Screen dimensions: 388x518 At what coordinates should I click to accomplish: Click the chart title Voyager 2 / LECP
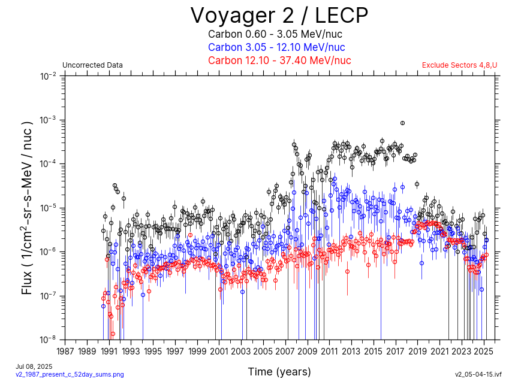tap(279, 14)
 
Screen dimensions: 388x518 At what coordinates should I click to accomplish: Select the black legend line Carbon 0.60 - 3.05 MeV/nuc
tap(276, 34)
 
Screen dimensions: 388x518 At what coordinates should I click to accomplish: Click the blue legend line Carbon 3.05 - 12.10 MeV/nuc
tap(276, 47)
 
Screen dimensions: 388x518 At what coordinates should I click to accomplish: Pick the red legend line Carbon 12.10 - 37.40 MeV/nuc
tap(279, 60)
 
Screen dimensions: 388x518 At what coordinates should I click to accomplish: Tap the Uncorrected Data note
tap(92, 65)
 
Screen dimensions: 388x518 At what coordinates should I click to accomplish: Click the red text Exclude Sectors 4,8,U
tap(459, 65)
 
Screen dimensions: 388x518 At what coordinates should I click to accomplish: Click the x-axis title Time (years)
tap(279, 372)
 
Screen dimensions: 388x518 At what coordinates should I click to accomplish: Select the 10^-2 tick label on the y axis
tap(48, 76)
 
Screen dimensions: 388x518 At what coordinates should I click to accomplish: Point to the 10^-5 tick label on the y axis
tap(48, 208)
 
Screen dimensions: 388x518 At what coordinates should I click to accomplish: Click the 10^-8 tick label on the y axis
tap(48, 339)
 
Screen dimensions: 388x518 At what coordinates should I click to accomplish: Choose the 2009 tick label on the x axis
tap(308, 351)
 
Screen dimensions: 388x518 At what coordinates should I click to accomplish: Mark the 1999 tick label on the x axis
tap(197, 351)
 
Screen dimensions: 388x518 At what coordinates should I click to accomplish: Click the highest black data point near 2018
tap(402, 123)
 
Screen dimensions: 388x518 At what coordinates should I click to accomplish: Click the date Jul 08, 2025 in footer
tap(34, 366)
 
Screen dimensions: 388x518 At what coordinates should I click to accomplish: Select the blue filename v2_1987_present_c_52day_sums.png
tap(70, 374)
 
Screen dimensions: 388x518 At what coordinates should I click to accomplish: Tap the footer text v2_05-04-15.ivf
tap(478, 374)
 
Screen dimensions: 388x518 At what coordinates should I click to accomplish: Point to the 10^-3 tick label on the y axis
tap(48, 120)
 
